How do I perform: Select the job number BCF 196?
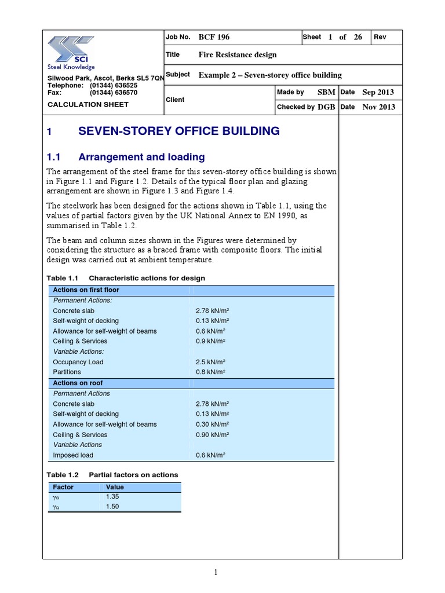(214, 37)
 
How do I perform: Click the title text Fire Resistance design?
(238, 55)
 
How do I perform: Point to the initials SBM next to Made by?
(326, 93)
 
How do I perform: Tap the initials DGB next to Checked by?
(326, 107)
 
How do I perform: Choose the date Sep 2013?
(378, 93)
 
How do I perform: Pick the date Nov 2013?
(378, 107)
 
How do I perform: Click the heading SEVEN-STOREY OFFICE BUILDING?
(178, 131)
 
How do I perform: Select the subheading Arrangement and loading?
(141, 157)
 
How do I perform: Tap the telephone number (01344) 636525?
(114, 85)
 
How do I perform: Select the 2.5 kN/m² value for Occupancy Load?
(211, 362)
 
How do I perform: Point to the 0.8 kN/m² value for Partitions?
(211, 372)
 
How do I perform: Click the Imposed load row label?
(74, 455)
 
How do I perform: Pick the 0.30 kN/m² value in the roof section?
(213, 424)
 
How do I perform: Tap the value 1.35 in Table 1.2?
(112, 497)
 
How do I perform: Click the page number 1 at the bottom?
(216, 573)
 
